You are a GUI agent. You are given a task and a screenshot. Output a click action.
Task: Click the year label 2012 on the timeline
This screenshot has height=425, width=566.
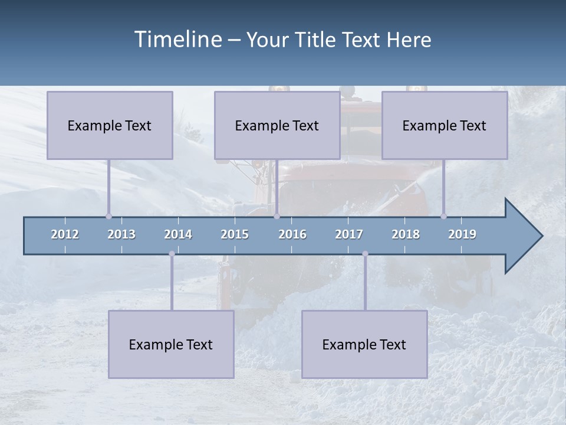65,234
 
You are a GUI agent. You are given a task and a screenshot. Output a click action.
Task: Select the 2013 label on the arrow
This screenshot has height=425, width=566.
121,234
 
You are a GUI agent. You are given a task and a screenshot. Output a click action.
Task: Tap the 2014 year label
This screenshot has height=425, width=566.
178,234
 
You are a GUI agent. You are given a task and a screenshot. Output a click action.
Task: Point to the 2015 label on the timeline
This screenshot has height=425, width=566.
235,234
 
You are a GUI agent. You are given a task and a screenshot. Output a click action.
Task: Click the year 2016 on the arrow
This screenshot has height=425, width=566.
292,234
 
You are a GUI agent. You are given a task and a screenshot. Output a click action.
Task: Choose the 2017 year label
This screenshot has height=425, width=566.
349,234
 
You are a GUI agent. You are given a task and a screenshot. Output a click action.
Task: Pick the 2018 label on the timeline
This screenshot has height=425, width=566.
406,234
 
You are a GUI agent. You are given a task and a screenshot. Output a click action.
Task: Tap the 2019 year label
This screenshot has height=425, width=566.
462,234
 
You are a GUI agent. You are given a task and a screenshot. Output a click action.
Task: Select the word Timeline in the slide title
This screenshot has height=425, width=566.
177,40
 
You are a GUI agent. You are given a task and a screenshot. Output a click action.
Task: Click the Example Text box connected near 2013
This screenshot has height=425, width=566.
110,125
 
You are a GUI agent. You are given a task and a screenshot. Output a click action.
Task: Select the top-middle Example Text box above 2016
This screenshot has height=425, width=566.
277,125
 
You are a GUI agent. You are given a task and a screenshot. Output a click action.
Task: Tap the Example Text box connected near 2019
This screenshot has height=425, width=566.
445,125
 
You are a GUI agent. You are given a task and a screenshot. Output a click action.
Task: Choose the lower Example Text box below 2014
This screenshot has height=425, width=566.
171,344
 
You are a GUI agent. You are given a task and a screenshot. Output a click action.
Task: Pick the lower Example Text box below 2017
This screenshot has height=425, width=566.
364,344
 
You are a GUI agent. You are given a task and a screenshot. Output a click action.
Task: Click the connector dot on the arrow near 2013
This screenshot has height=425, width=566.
108,216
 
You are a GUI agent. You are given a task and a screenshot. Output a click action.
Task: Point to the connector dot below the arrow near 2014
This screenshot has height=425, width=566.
172,254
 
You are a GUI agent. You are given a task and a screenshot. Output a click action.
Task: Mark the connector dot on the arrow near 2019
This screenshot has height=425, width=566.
443,216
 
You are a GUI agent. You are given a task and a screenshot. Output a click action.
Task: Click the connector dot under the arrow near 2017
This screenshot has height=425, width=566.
365,254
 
